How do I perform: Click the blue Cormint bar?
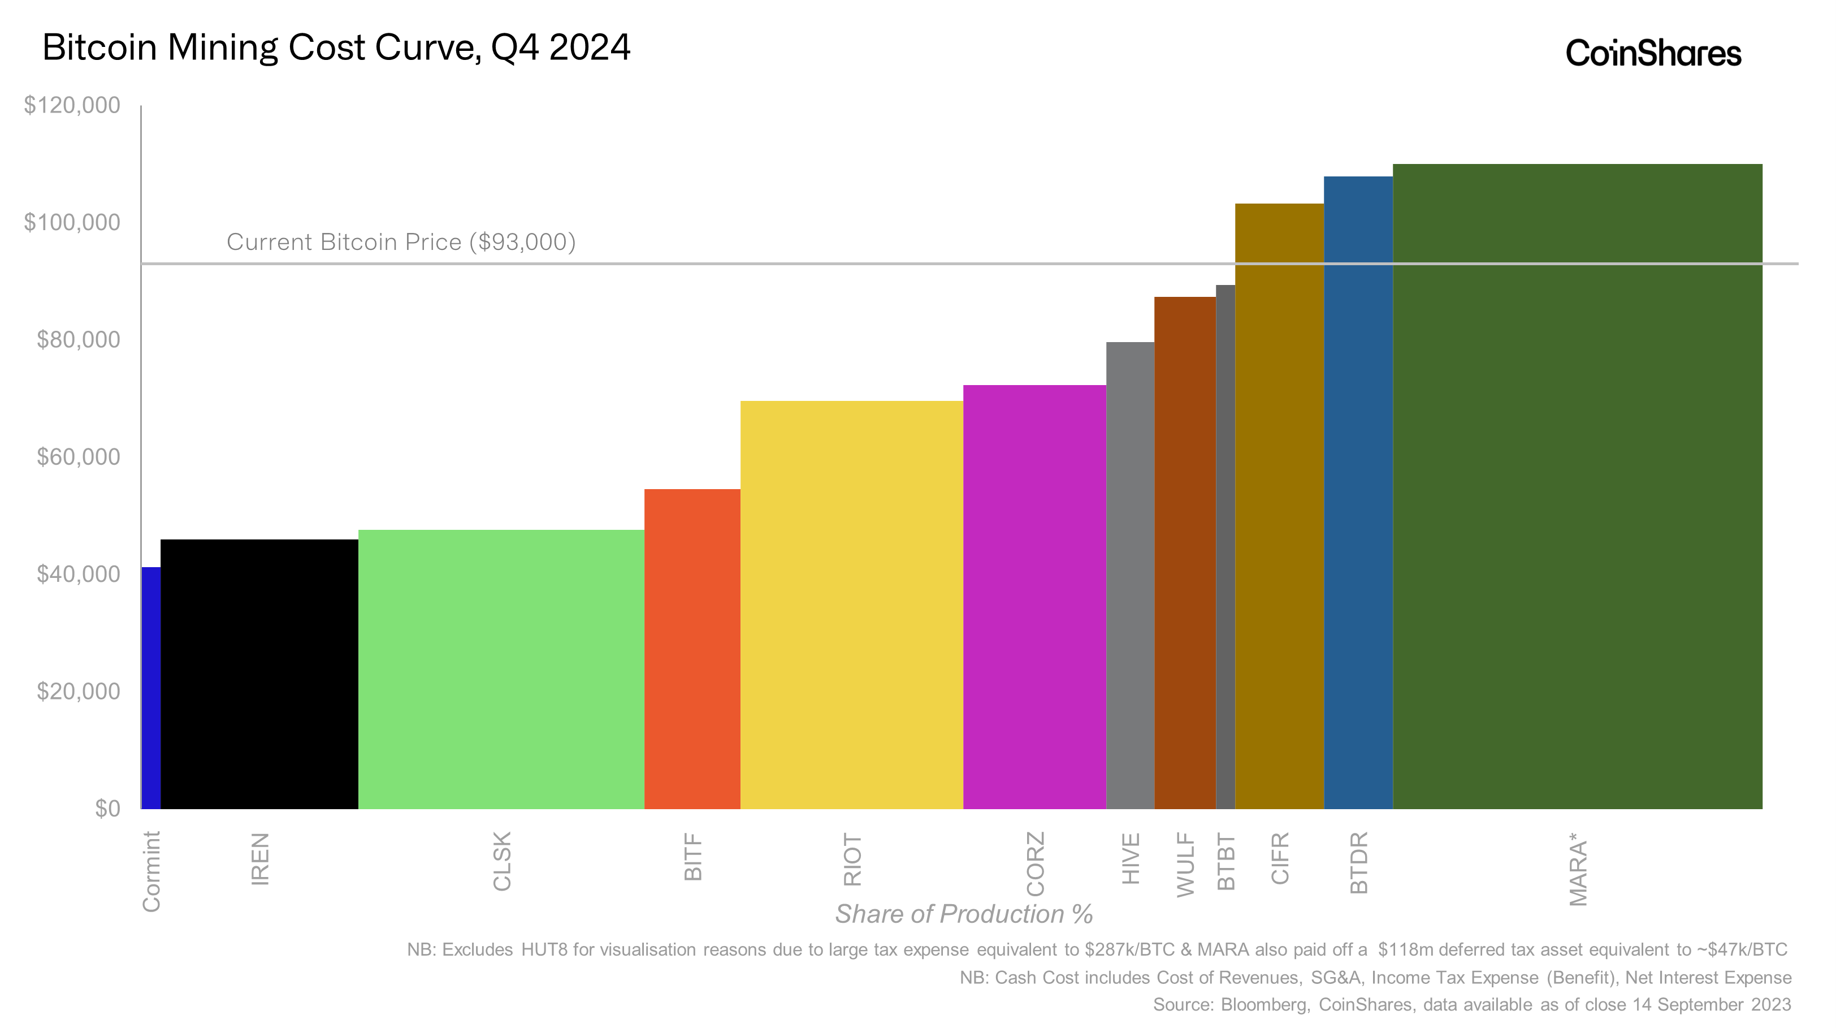tap(151, 688)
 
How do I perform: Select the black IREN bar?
tap(259, 673)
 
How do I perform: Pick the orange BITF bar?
tap(692, 649)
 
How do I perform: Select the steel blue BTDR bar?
tap(1358, 492)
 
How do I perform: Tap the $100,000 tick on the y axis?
tap(72, 222)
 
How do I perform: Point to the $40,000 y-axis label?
tap(79, 574)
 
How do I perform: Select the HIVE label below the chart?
tap(1131, 858)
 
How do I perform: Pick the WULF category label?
tap(1185, 864)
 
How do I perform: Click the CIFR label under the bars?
tap(1280, 858)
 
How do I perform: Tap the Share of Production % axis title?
tap(964, 914)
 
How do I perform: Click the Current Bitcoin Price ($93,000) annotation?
tap(401, 243)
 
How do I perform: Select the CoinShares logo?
tap(1653, 54)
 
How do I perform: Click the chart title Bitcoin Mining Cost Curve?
tap(336, 47)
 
